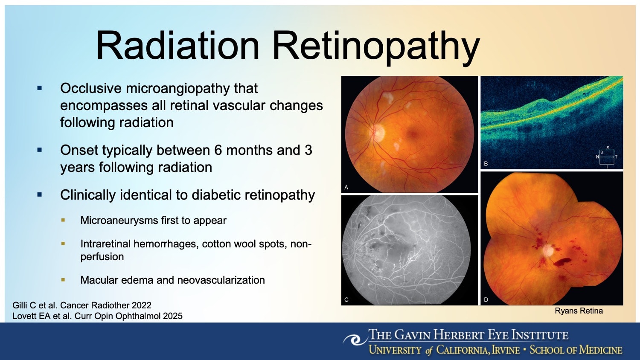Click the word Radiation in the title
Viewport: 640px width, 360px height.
(x=177, y=45)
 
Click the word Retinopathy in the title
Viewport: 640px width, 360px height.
(x=376, y=46)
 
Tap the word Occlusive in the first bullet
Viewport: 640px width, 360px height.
(x=91, y=88)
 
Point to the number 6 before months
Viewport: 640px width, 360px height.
(x=218, y=150)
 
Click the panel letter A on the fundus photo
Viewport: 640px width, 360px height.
(x=346, y=187)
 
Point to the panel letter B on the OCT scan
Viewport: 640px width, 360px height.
(x=486, y=164)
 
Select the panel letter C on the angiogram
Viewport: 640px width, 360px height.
(x=346, y=299)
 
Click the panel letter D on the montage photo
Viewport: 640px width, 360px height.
(x=486, y=300)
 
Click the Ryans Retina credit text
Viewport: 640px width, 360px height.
(x=579, y=311)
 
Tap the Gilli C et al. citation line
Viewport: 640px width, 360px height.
(x=82, y=305)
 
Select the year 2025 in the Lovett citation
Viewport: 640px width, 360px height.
(x=173, y=316)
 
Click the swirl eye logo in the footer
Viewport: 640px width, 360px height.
(x=354, y=340)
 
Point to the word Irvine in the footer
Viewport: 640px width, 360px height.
(x=506, y=350)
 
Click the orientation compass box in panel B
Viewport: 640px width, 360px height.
(x=607, y=157)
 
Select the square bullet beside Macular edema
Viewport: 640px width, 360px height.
(x=63, y=280)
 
